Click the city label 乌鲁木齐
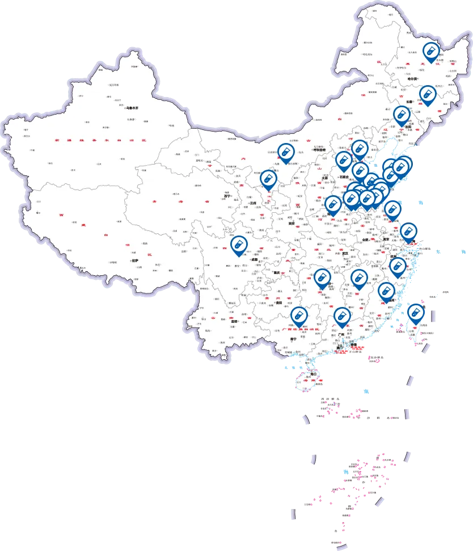point(133,108)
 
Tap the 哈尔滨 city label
point(411,79)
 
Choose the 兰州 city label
point(252,203)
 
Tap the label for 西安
point(292,224)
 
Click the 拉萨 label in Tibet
point(134,261)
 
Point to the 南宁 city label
point(293,339)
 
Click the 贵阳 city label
point(278,303)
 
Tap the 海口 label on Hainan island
point(312,375)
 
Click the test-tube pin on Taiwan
point(415,313)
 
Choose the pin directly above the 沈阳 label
point(402,115)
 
